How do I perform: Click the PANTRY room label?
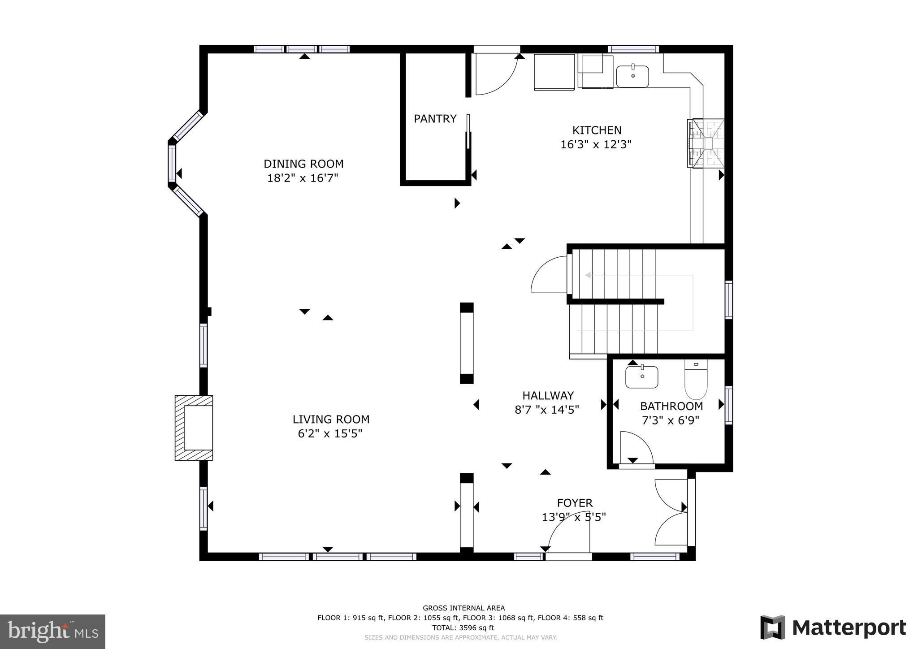click(435, 119)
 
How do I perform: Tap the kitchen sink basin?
click(632, 76)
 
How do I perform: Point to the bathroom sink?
click(642, 377)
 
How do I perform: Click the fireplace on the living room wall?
click(194, 428)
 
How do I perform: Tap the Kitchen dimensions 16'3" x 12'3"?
click(596, 144)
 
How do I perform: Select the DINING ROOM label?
click(303, 164)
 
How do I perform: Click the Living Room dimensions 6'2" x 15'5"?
click(330, 433)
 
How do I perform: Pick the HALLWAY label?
click(548, 395)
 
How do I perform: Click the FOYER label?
click(575, 503)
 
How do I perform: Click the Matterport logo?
click(833, 627)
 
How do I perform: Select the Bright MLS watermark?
click(52, 632)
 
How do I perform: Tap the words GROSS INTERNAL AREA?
click(463, 608)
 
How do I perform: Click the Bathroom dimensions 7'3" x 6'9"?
click(671, 420)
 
